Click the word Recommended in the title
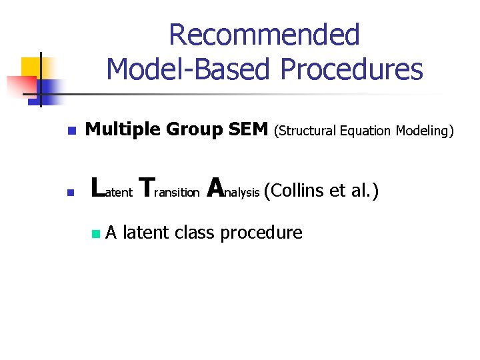pyautogui.click(x=264, y=35)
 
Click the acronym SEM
pyautogui.click(x=248, y=130)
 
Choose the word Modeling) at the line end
pyautogui.click(x=425, y=131)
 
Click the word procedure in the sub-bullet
pyautogui.click(x=261, y=233)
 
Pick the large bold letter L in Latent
pyautogui.click(x=97, y=188)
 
